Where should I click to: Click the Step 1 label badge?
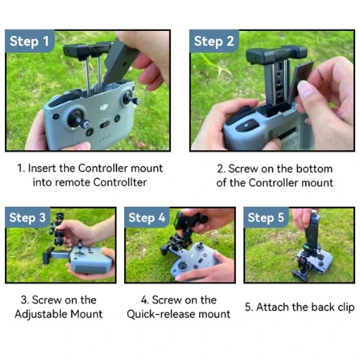(30, 41)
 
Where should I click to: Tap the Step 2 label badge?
(214, 41)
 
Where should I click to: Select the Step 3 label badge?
(28, 217)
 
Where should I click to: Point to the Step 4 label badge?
(147, 217)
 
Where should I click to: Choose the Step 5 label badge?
(266, 217)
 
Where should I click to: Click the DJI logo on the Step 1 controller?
(104, 107)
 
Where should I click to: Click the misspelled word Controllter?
(120, 182)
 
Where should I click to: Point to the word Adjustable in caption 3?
(41, 314)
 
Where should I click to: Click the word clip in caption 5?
(346, 308)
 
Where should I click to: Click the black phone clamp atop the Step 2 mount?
(276, 54)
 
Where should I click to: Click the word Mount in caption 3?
(87, 314)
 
